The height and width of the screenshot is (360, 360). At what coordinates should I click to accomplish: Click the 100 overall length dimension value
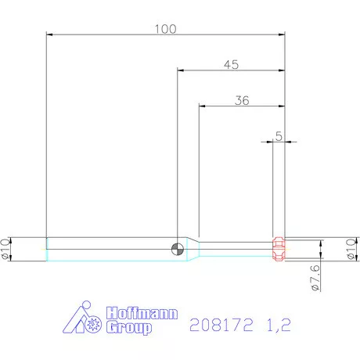click(x=165, y=29)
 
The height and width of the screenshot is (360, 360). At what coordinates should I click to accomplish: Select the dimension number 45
click(x=230, y=65)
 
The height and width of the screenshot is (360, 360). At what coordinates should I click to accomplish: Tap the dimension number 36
click(x=242, y=100)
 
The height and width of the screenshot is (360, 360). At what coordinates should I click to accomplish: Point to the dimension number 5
click(x=279, y=136)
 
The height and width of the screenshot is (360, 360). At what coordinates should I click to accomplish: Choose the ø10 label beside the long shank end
click(x=7, y=249)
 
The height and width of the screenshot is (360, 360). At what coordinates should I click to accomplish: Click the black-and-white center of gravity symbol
click(x=178, y=249)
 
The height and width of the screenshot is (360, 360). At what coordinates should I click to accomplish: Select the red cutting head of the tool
click(x=277, y=249)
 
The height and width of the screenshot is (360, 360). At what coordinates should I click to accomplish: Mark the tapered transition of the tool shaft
click(x=193, y=249)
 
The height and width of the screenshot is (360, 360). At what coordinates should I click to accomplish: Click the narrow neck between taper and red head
click(x=235, y=249)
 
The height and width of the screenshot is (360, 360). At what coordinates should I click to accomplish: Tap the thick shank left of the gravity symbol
click(x=110, y=249)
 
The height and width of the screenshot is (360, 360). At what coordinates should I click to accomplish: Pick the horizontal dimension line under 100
click(x=117, y=35)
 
